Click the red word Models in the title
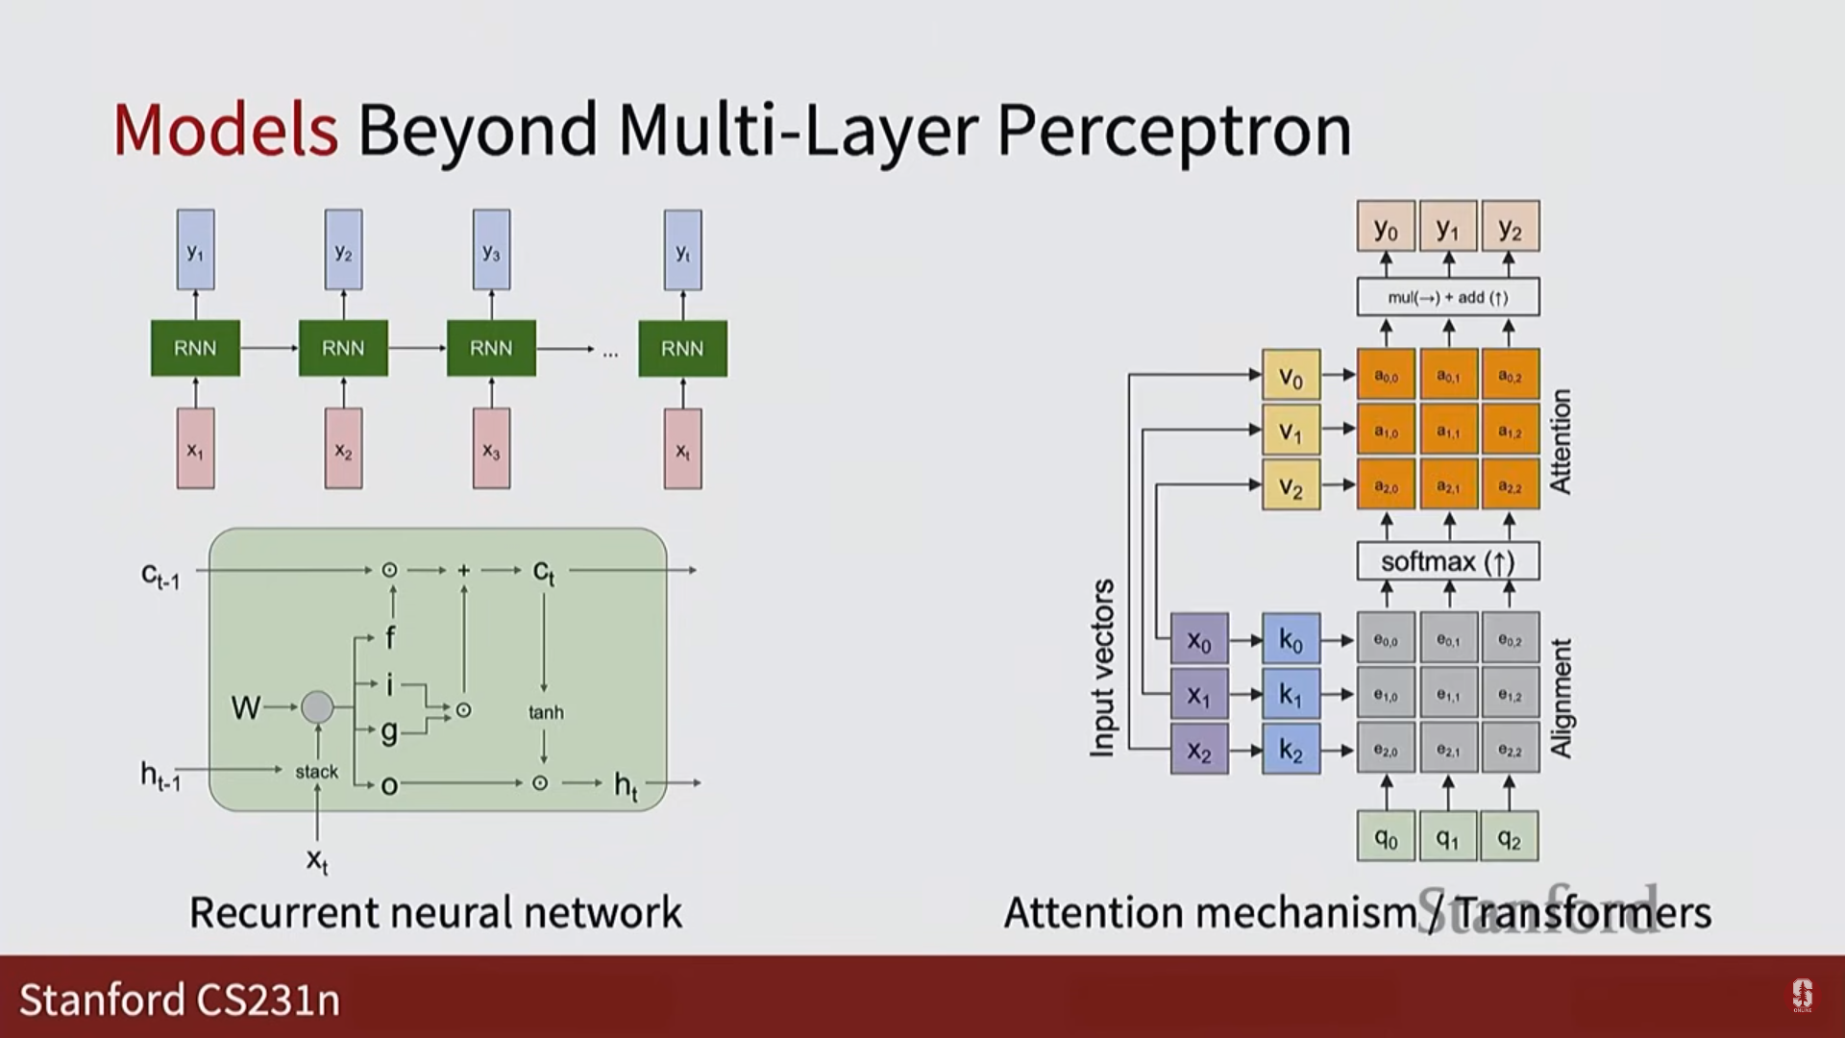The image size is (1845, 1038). pyautogui.click(x=226, y=130)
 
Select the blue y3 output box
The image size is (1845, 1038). pyautogui.click(x=491, y=250)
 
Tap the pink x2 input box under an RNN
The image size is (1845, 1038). pyautogui.click(x=343, y=449)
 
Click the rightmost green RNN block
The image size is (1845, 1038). pyautogui.click(x=682, y=348)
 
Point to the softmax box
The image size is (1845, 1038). pyautogui.click(x=1447, y=561)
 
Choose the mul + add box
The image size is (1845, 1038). pyautogui.click(x=1447, y=297)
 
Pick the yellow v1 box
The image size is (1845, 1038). pyautogui.click(x=1291, y=431)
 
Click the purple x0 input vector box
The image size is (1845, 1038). pyautogui.click(x=1198, y=639)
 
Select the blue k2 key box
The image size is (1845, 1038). pyautogui.click(x=1291, y=750)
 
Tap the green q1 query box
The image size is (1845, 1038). pyautogui.click(x=1447, y=837)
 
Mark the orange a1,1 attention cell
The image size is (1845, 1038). pyautogui.click(x=1447, y=431)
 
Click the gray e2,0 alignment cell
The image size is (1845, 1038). pyautogui.click(x=1386, y=750)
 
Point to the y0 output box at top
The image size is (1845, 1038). pyautogui.click(x=1386, y=227)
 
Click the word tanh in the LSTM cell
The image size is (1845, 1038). pyautogui.click(x=546, y=712)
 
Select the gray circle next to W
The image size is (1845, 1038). pyautogui.click(x=317, y=707)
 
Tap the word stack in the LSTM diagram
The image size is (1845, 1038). pyautogui.click(x=316, y=771)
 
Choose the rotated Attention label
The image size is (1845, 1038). pyautogui.click(x=1561, y=441)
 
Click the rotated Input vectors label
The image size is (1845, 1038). pyautogui.click(x=1102, y=667)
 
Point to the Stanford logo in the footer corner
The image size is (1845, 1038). pyautogui.click(x=1802, y=996)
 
